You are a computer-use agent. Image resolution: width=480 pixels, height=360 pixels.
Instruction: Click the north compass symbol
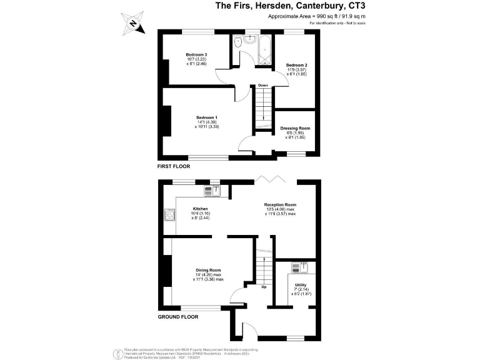[133, 24]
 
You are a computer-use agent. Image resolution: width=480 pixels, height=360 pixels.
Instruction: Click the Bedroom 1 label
[206, 117]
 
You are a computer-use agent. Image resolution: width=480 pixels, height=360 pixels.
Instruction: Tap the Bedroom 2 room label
[295, 64]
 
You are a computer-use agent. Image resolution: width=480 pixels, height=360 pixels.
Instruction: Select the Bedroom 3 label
[197, 54]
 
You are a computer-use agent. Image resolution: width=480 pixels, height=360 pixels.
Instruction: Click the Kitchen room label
[200, 209]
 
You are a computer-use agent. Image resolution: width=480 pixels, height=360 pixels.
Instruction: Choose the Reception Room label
[279, 204]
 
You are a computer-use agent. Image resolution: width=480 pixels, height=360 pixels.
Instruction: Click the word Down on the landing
[263, 86]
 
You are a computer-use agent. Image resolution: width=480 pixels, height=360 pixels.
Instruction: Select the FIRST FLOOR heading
[173, 167]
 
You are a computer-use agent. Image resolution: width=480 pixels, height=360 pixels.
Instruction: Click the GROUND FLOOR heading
[177, 317]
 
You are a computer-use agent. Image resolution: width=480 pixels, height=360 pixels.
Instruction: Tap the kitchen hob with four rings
[169, 216]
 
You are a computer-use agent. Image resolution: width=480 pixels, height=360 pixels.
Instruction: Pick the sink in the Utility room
[298, 267]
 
